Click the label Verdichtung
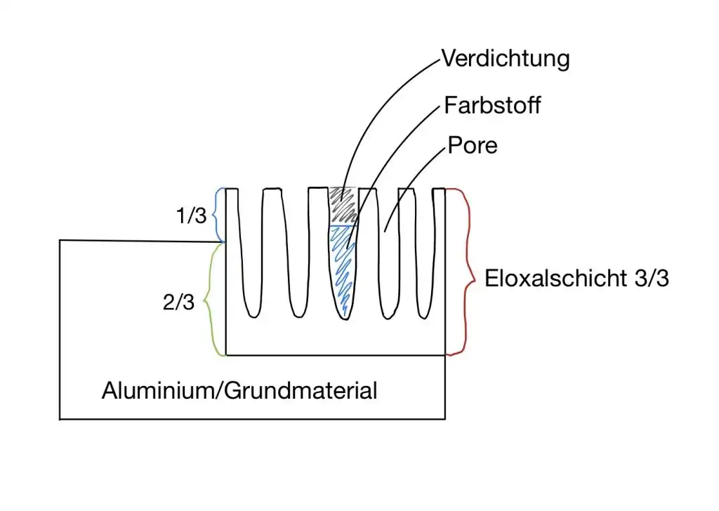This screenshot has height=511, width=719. click(505, 58)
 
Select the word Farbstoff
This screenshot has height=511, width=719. click(492, 106)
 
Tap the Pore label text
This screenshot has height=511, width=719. click(472, 145)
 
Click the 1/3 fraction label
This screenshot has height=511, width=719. click(191, 215)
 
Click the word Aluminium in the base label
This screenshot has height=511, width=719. click(160, 390)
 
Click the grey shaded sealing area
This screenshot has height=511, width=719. click(343, 205)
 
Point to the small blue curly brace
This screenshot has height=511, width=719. click(218, 215)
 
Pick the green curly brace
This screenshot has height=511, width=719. click(209, 300)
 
